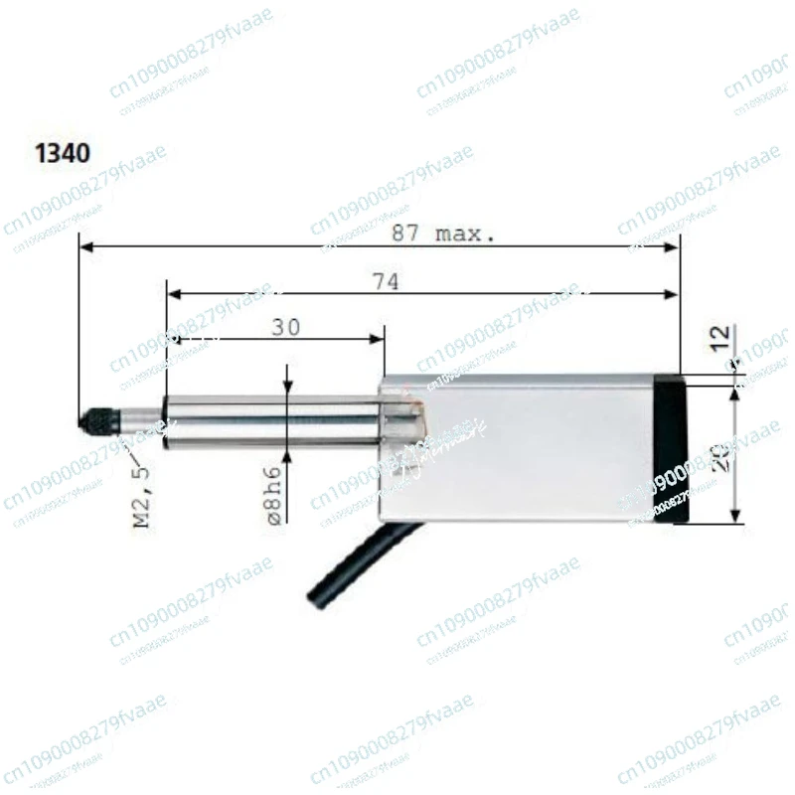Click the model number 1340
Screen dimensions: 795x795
coord(63,153)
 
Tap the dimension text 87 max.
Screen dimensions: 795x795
coord(441,235)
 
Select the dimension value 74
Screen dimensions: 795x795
coord(386,282)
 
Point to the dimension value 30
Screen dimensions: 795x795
coord(285,328)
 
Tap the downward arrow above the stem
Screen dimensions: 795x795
coord(288,389)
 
